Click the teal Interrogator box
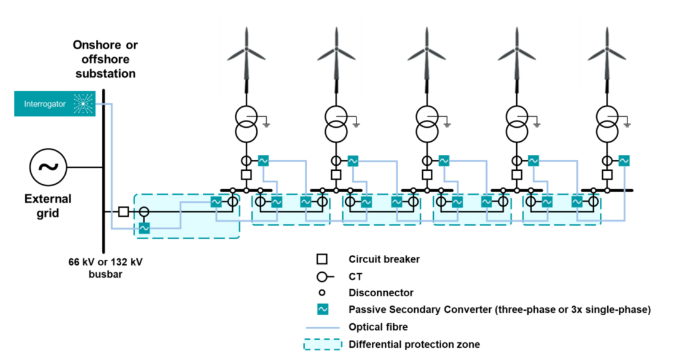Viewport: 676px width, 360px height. (55, 104)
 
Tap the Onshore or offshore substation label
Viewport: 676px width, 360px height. (105, 59)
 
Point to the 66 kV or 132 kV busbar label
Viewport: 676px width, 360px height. (105, 268)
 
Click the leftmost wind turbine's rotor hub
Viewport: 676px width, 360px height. (246, 50)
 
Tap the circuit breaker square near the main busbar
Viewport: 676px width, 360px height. (124, 211)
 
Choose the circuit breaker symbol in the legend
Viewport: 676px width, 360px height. (321, 259)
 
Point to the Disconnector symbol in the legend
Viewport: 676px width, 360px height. (321, 293)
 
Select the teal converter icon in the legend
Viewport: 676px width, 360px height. (321, 310)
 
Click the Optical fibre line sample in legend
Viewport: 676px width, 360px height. (321, 327)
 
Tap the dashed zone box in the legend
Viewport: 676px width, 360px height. (321, 345)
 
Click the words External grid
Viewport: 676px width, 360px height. (48, 205)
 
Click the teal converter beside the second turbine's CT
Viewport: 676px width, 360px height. (353, 161)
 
